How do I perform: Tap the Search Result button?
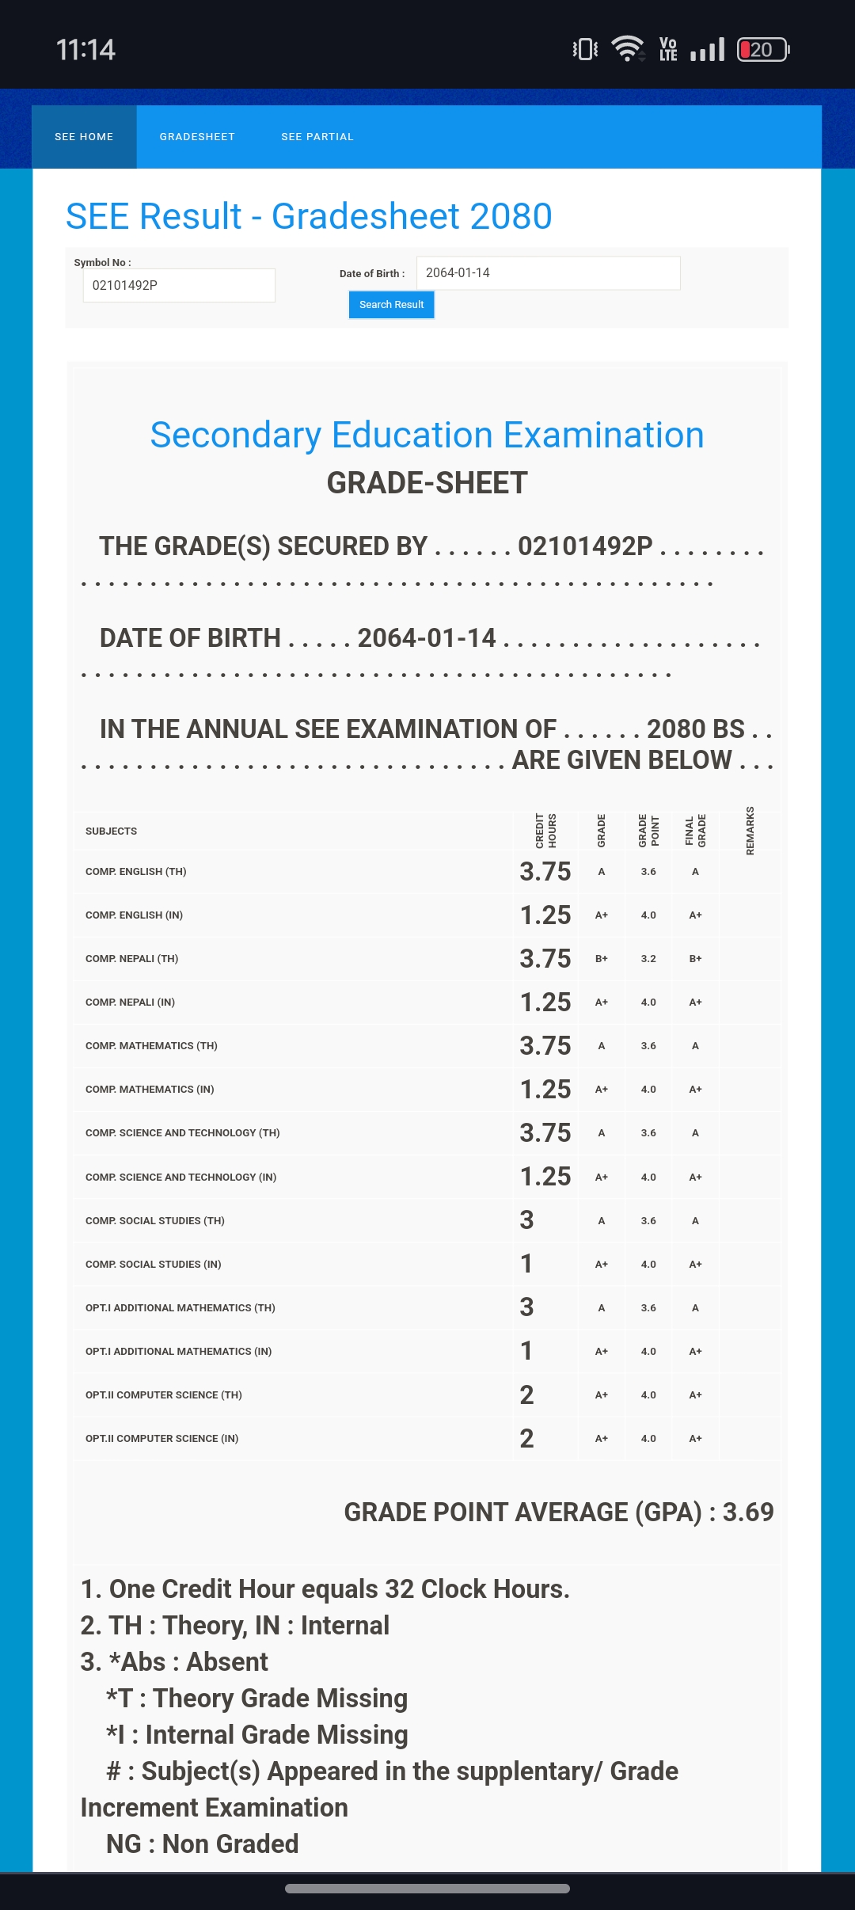(x=391, y=305)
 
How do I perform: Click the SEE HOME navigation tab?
(x=84, y=137)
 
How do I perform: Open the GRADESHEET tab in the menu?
(x=197, y=137)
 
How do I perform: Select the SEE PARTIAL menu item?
(x=317, y=137)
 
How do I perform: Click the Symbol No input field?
(x=179, y=285)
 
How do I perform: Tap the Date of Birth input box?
(x=548, y=273)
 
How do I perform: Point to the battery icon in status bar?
(x=762, y=50)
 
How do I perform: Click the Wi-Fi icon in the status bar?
(x=629, y=49)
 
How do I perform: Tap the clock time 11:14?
(x=85, y=50)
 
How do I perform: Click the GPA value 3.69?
(x=747, y=1512)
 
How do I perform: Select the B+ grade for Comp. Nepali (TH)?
(x=602, y=958)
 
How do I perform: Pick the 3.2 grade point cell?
(x=648, y=958)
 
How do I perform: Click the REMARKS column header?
(x=750, y=831)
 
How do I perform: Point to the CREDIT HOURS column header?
(x=545, y=831)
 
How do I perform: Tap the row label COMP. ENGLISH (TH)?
(x=136, y=871)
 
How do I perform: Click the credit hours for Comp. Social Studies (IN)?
(x=526, y=1264)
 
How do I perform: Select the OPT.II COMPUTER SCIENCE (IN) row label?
(x=162, y=1438)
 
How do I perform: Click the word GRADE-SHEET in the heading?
(x=427, y=483)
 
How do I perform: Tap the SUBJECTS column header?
(x=112, y=831)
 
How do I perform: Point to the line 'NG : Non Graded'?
(x=203, y=1843)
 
